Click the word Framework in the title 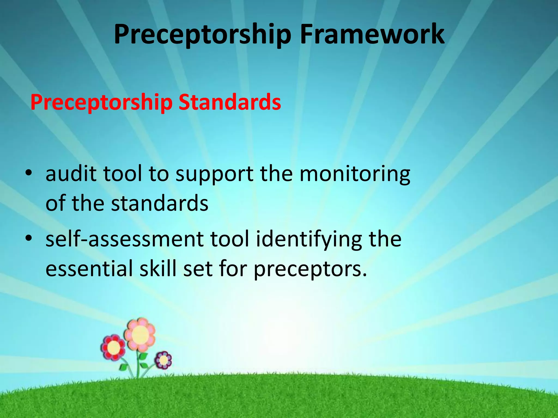click(372, 34)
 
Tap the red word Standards click(230, 102)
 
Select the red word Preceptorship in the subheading click(101, 103)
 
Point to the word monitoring click(355, 174)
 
